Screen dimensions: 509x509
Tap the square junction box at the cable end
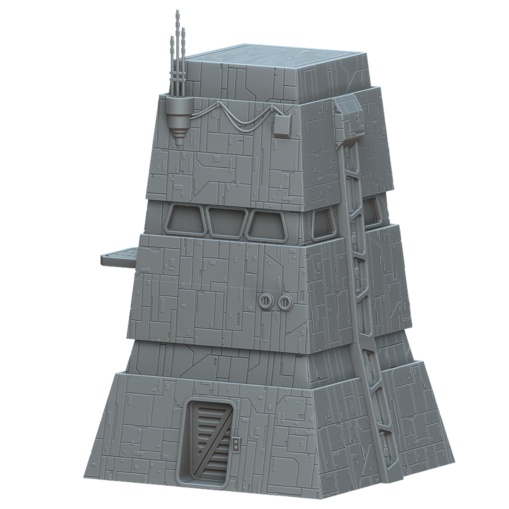(282, 126)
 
